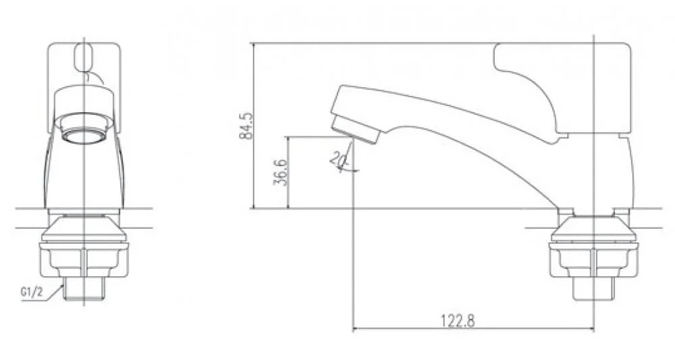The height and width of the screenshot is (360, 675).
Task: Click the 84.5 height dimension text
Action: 246,126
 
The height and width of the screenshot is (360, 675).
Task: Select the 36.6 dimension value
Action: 280,172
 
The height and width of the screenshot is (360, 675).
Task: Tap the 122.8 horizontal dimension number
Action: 458,320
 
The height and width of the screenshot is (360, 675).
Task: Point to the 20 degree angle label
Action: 337,159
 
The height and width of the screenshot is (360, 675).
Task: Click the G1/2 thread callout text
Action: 32,292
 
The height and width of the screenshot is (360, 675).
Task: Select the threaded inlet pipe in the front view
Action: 84,288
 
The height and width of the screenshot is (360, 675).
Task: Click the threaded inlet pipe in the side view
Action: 594,288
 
